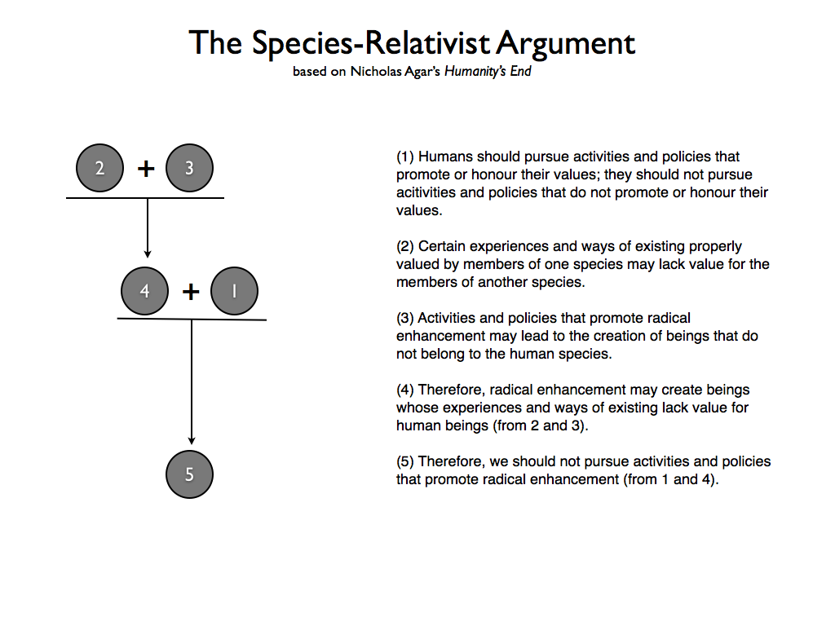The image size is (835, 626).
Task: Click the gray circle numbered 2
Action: (99, 169)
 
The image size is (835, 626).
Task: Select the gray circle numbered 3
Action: (189, 169)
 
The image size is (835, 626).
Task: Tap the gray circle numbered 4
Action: (144, 291)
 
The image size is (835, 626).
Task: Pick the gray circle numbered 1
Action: (234, 291)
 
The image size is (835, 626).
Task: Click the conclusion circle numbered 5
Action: (189, 474)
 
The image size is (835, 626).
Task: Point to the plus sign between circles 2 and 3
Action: (145, 169)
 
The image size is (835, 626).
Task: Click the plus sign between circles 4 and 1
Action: (190, 291)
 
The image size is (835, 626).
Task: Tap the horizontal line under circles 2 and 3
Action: (144, 198)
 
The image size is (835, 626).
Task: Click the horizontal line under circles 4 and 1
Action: (192, 319)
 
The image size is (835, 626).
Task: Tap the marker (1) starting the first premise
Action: (405, 156)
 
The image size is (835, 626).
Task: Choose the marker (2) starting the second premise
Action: (405, 246)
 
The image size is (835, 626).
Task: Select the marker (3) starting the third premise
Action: (405, 318)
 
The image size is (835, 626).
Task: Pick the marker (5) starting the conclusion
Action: (405, 461)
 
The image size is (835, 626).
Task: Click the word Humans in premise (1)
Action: (445, 156)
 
